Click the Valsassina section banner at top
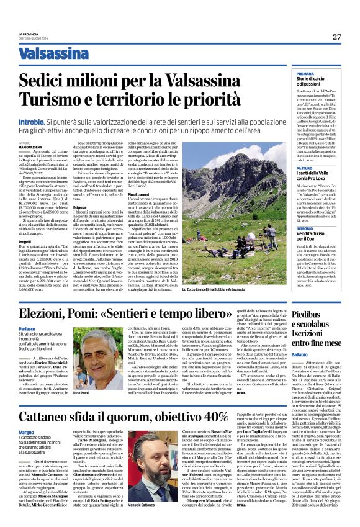[x=53, y=54]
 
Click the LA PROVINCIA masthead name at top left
[x=48, y=34]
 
